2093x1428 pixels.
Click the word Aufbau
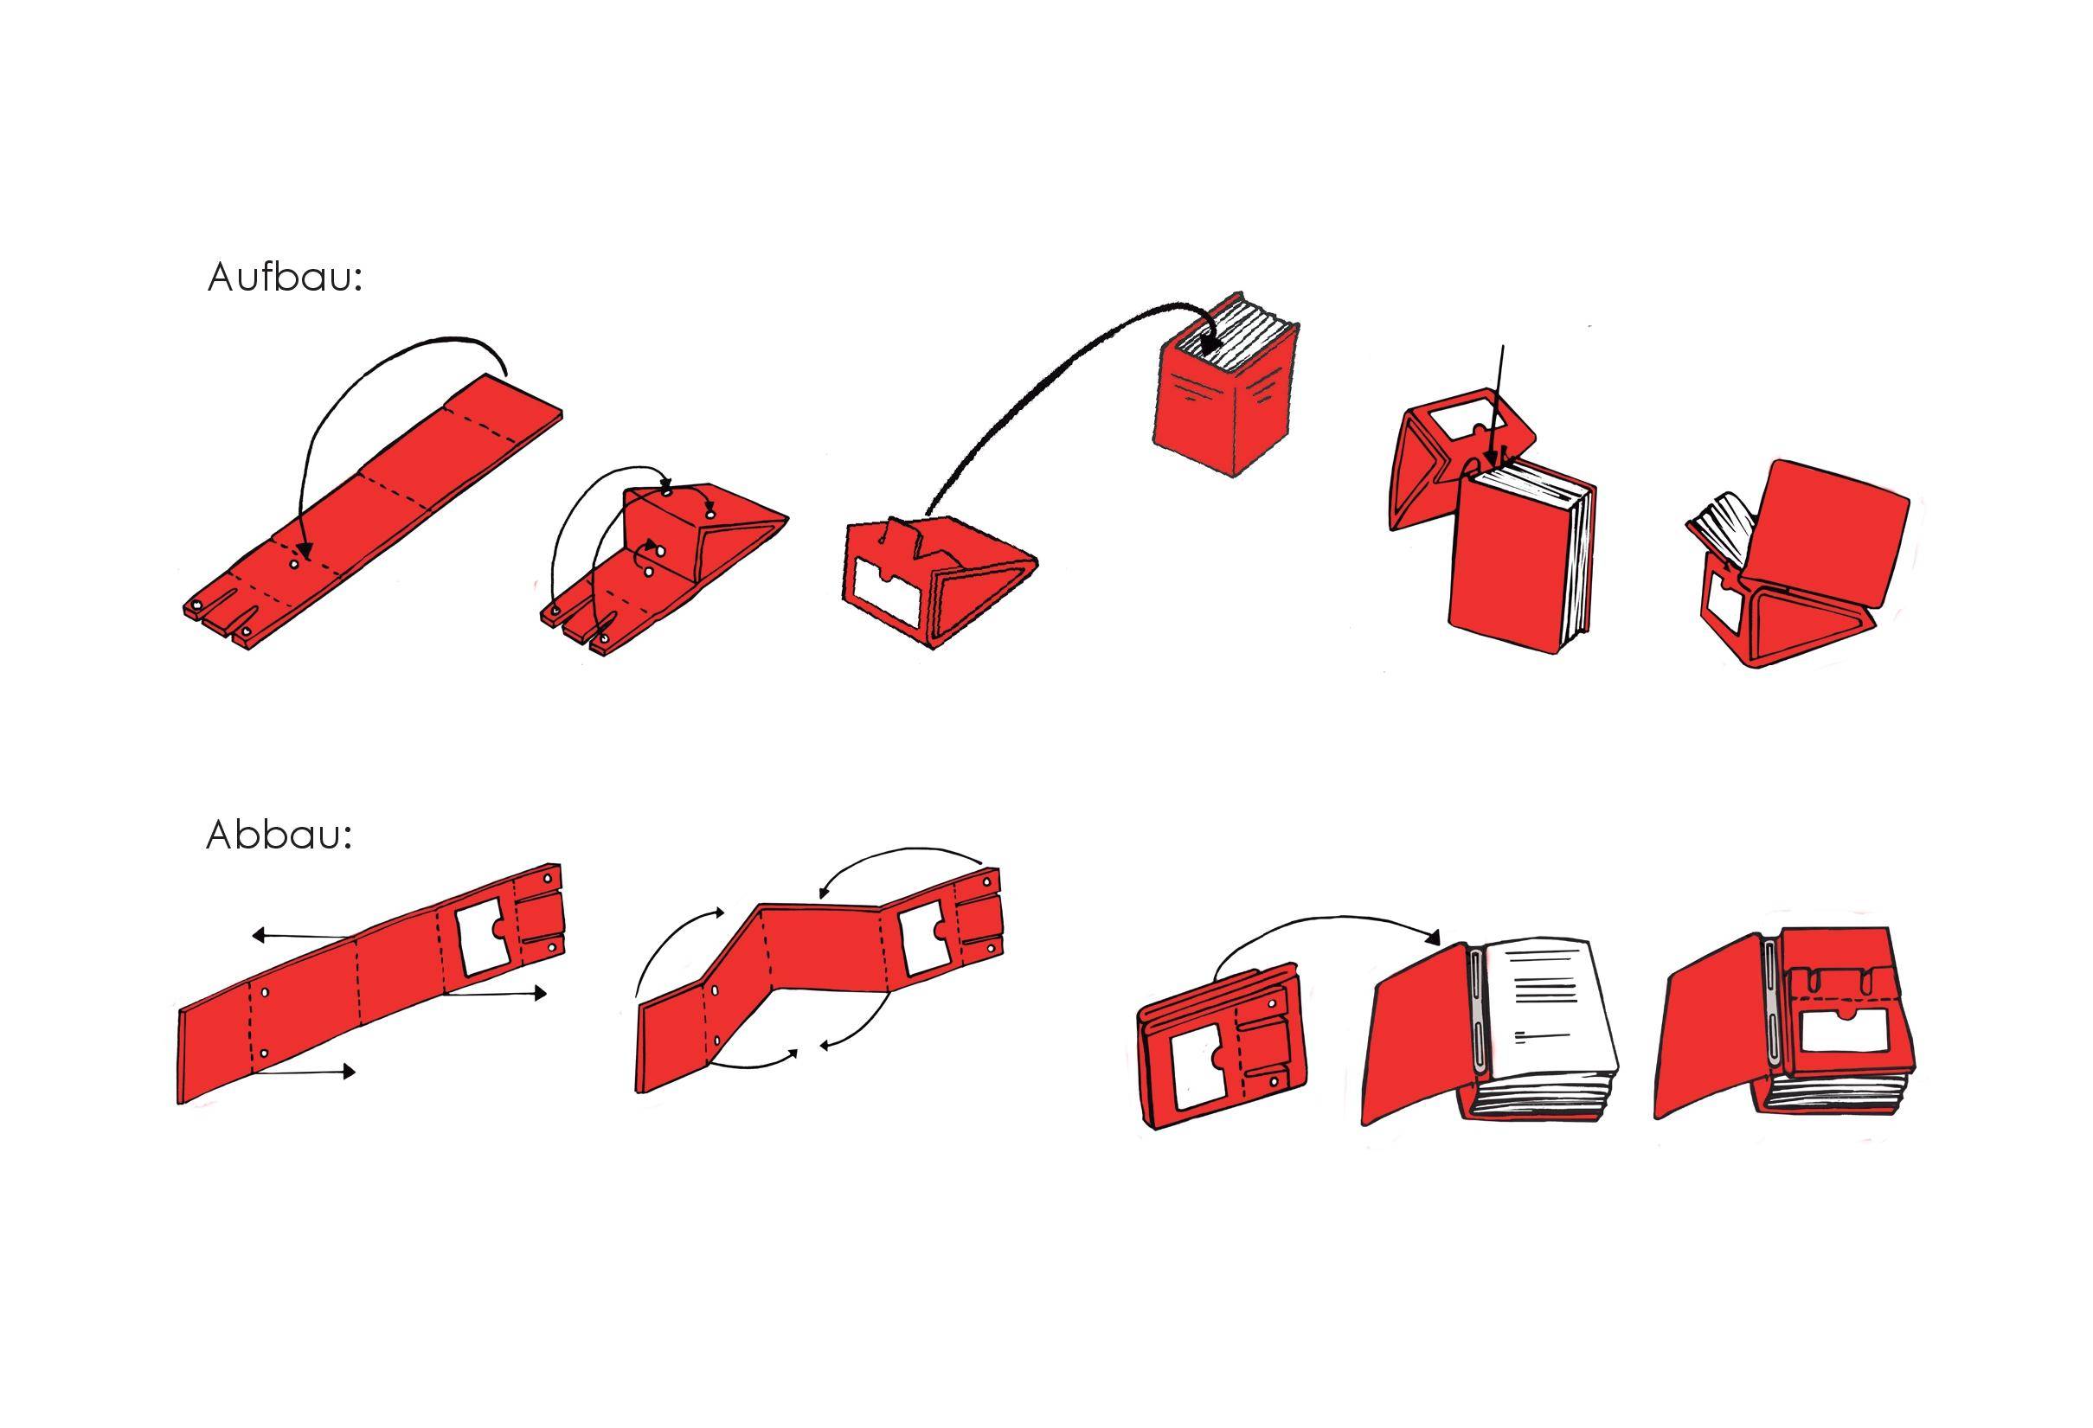coord(284,278)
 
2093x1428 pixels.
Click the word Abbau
coord(278,836)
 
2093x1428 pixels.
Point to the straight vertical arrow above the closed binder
coord(1496,405)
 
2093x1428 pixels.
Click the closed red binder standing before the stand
coord(1522,564)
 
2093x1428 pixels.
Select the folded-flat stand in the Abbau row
coord(1220,1045)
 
